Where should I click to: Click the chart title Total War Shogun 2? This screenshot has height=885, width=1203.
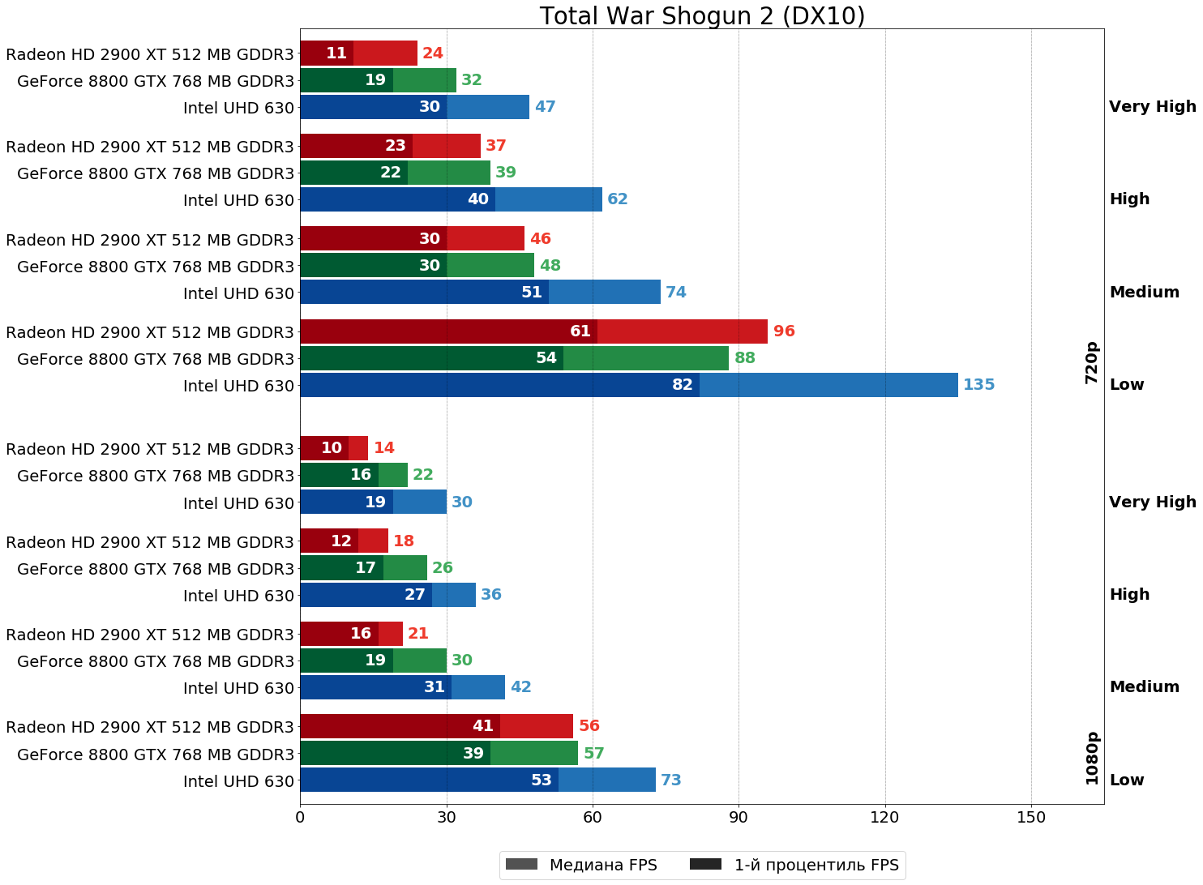702,16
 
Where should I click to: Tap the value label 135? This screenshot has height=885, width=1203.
978,385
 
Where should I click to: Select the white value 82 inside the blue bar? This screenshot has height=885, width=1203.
683,385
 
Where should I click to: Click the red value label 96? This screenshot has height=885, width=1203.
784,331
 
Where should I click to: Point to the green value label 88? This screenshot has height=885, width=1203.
745,358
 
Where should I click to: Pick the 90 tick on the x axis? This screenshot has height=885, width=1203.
738,818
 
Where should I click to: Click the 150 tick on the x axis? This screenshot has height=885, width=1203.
1031,818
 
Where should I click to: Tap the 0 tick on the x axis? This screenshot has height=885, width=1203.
300,818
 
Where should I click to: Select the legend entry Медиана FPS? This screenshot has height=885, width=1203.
581,865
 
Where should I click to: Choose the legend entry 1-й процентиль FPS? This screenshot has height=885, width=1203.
794,865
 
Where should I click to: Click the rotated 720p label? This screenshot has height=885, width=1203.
1092,362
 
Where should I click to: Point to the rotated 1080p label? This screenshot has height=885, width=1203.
1092,758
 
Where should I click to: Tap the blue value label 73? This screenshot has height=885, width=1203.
671,780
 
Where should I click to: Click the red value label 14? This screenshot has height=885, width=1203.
384,448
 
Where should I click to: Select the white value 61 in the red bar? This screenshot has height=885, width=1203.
580,331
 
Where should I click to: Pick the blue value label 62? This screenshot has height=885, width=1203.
618,199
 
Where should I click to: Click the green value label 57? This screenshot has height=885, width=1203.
594,754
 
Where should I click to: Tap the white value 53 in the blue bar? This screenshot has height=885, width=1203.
542,780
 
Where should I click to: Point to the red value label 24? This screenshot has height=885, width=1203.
433,53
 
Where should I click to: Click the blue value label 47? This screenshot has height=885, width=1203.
545,107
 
